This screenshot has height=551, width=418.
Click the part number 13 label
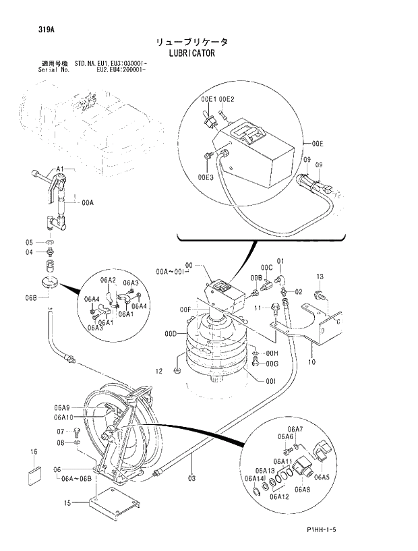[x=320, y=277]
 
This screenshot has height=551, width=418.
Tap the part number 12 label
[x=159, y=371]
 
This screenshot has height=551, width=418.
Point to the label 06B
[x=31, y=298]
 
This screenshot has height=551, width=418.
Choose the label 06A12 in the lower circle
[x=278, y=497]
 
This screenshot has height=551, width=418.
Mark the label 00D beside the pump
[x=171, y=333]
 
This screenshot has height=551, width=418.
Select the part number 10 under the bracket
[x=311, y=361]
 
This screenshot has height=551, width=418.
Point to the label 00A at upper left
[x=88, y=202]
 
